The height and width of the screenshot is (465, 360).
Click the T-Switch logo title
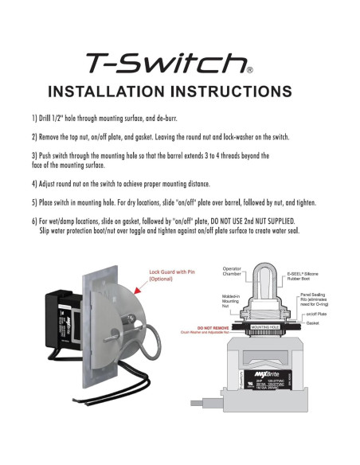point(168,63)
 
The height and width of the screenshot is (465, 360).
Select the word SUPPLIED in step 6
point(303,220)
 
